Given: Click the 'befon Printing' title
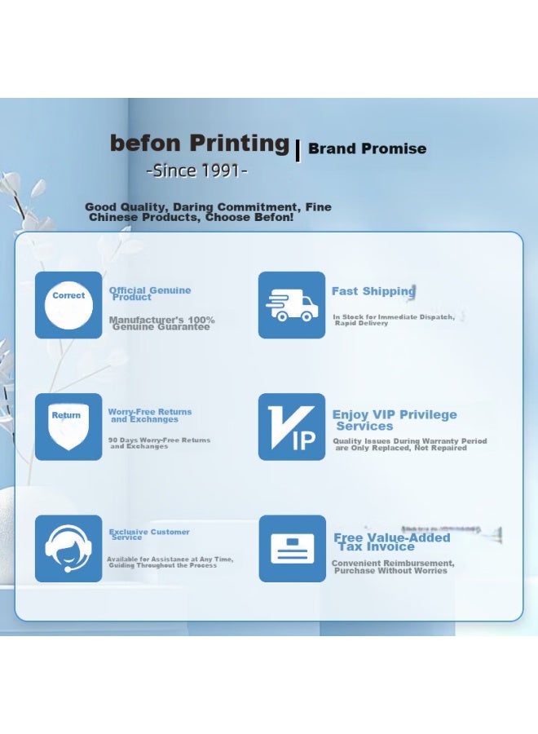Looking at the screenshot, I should point(200,144).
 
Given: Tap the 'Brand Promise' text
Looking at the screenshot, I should point(367,148).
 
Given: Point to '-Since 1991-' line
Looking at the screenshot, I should point(196,170).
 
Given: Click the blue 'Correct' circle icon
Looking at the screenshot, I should point(68,305).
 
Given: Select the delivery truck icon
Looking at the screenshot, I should point(292,305).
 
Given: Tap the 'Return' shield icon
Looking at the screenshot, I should point(68,427).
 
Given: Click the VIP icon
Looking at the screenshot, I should point(292,427).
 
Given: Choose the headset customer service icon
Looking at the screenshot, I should point(68,548).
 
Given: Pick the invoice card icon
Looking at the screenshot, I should point(292,548).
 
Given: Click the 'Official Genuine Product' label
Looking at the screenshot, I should point(150,294).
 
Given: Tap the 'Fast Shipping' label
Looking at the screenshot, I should point(373,291).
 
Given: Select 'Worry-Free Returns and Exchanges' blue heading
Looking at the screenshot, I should point(150,415).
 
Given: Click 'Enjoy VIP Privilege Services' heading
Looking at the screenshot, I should point(395,420).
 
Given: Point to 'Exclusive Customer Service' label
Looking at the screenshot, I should point(149,534).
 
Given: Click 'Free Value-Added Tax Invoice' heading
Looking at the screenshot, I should point(391,542).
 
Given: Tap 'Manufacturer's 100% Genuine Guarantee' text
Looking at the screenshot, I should point(161,323).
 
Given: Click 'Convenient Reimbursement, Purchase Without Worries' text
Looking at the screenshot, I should point(392,567).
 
